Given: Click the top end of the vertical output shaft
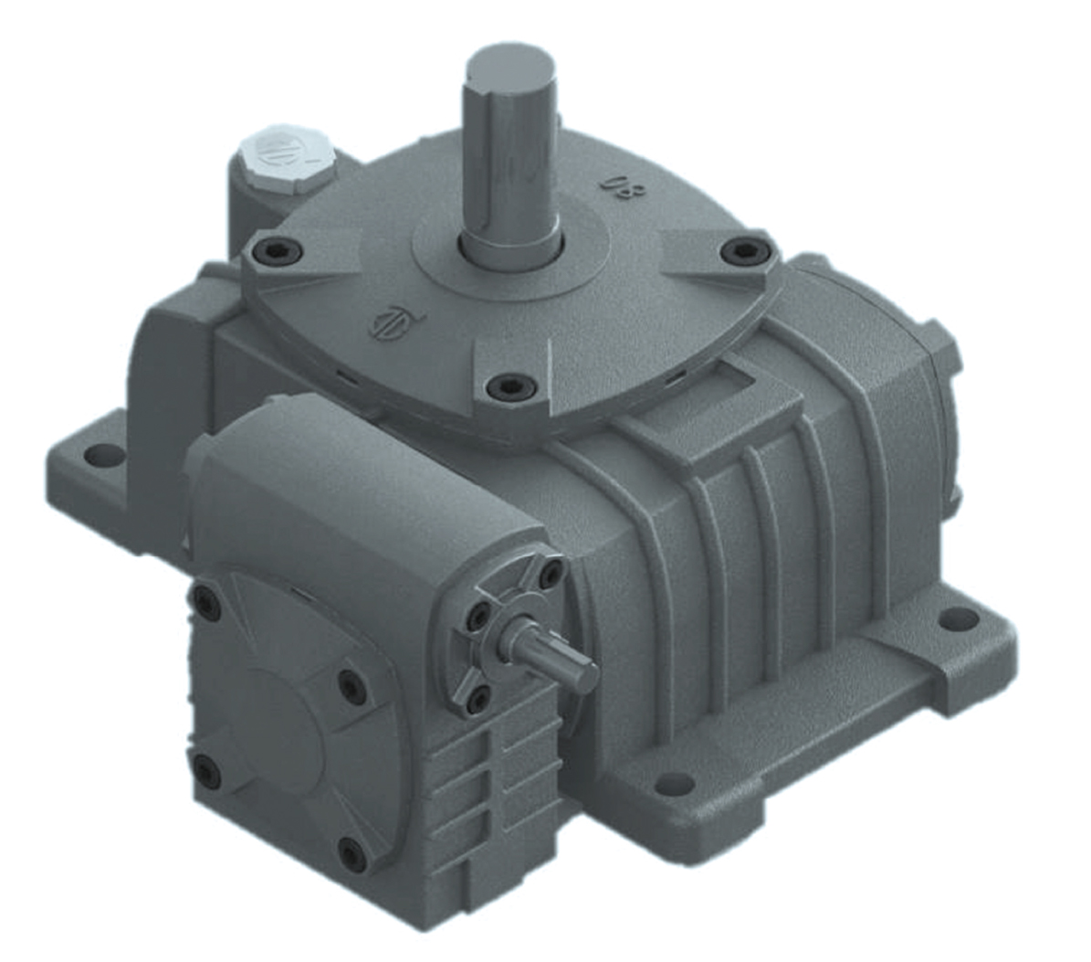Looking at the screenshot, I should [x=511, y=66].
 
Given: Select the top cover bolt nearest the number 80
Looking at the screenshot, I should [x=741, y=249].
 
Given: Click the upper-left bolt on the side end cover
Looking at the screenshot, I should [x=204, y=600].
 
